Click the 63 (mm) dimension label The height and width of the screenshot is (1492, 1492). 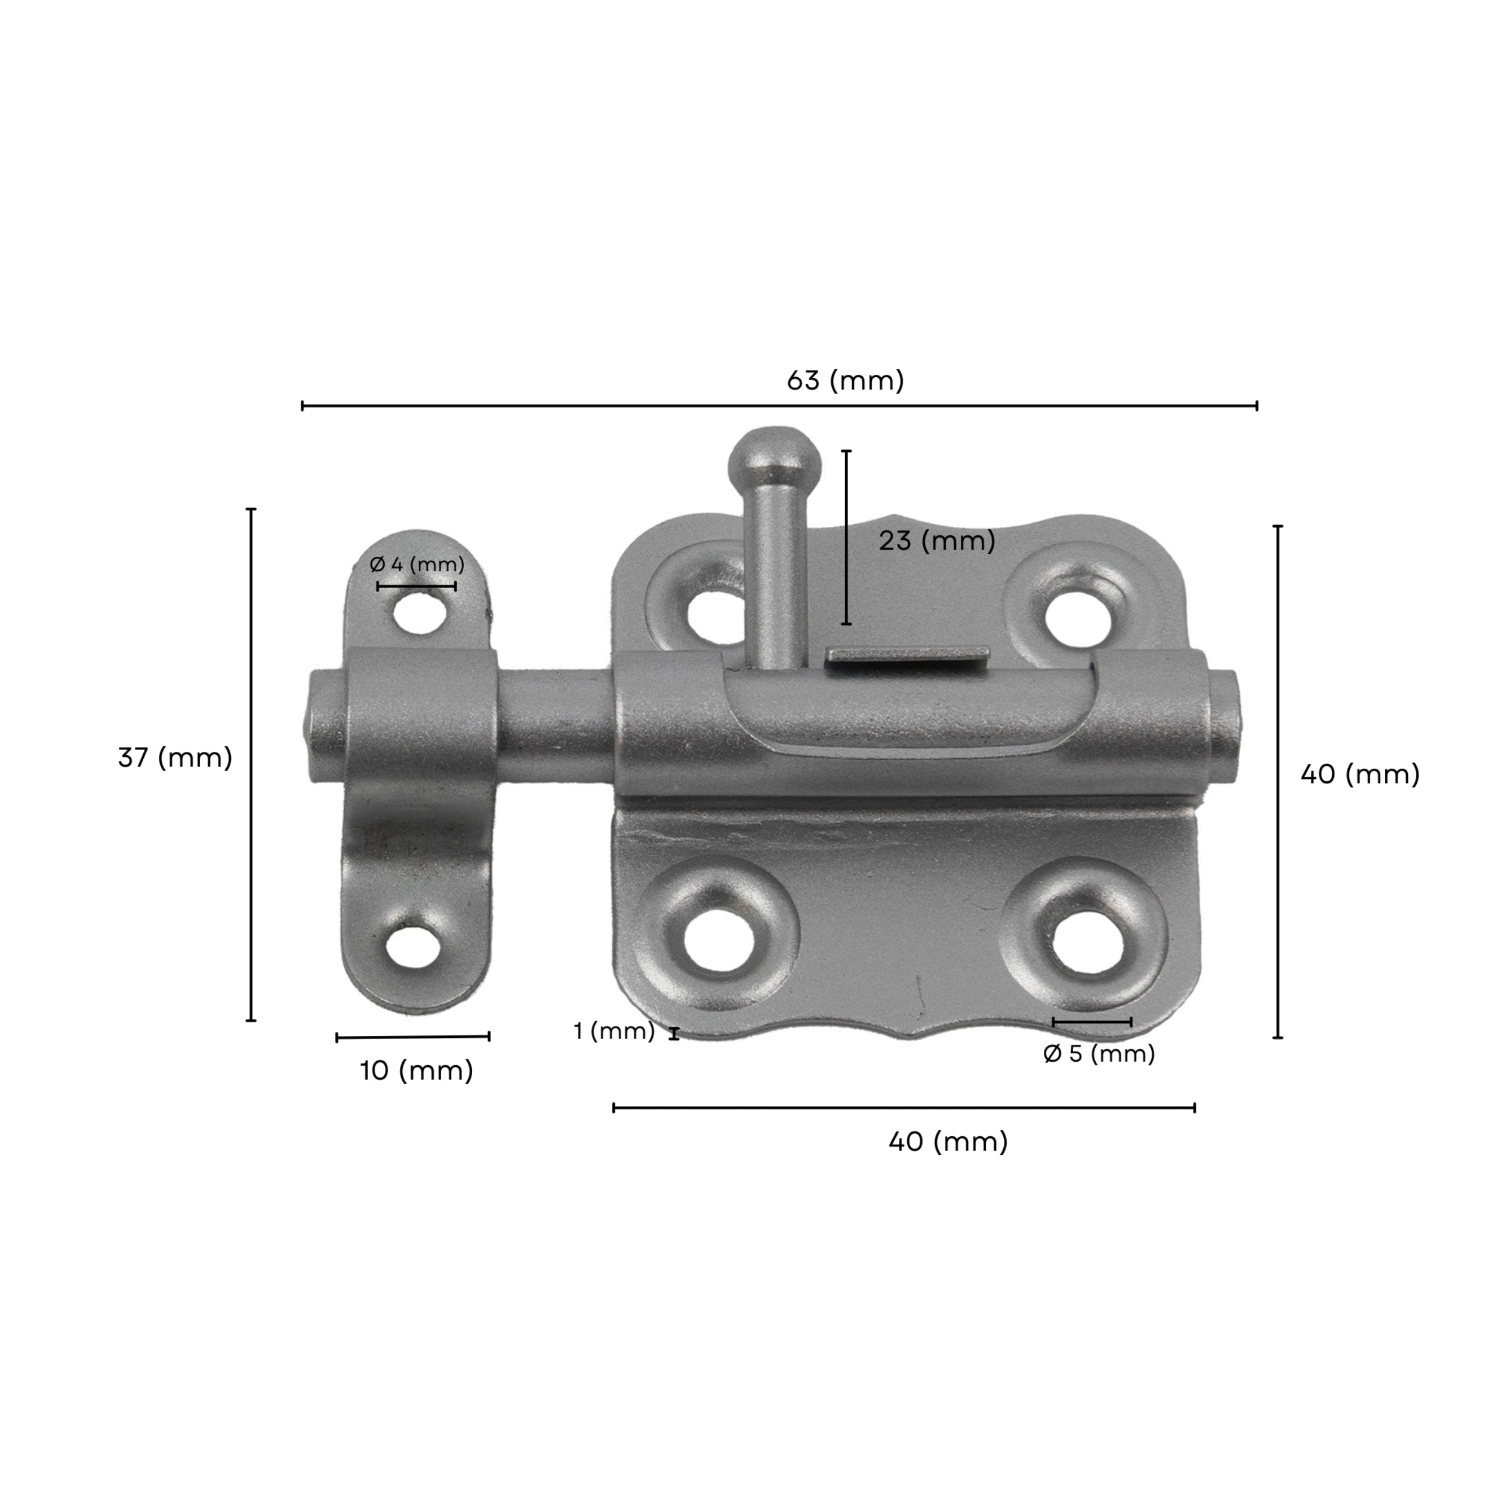(x=845, y=381)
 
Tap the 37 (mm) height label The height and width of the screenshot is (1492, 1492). (x=174, y=757)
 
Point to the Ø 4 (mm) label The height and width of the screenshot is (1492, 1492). (x=417, y=565)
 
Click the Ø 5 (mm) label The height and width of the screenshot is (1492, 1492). (x=1098, y=1053)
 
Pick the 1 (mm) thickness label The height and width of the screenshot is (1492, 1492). (x=614, y=1031)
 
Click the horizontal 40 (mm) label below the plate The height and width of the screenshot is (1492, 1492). (x=948, y=1142)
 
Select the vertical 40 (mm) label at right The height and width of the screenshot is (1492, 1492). (x=1359, y=774)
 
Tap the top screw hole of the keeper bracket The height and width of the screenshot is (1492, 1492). (x=420, y=615)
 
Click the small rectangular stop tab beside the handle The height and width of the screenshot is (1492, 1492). (x=907, y=656)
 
